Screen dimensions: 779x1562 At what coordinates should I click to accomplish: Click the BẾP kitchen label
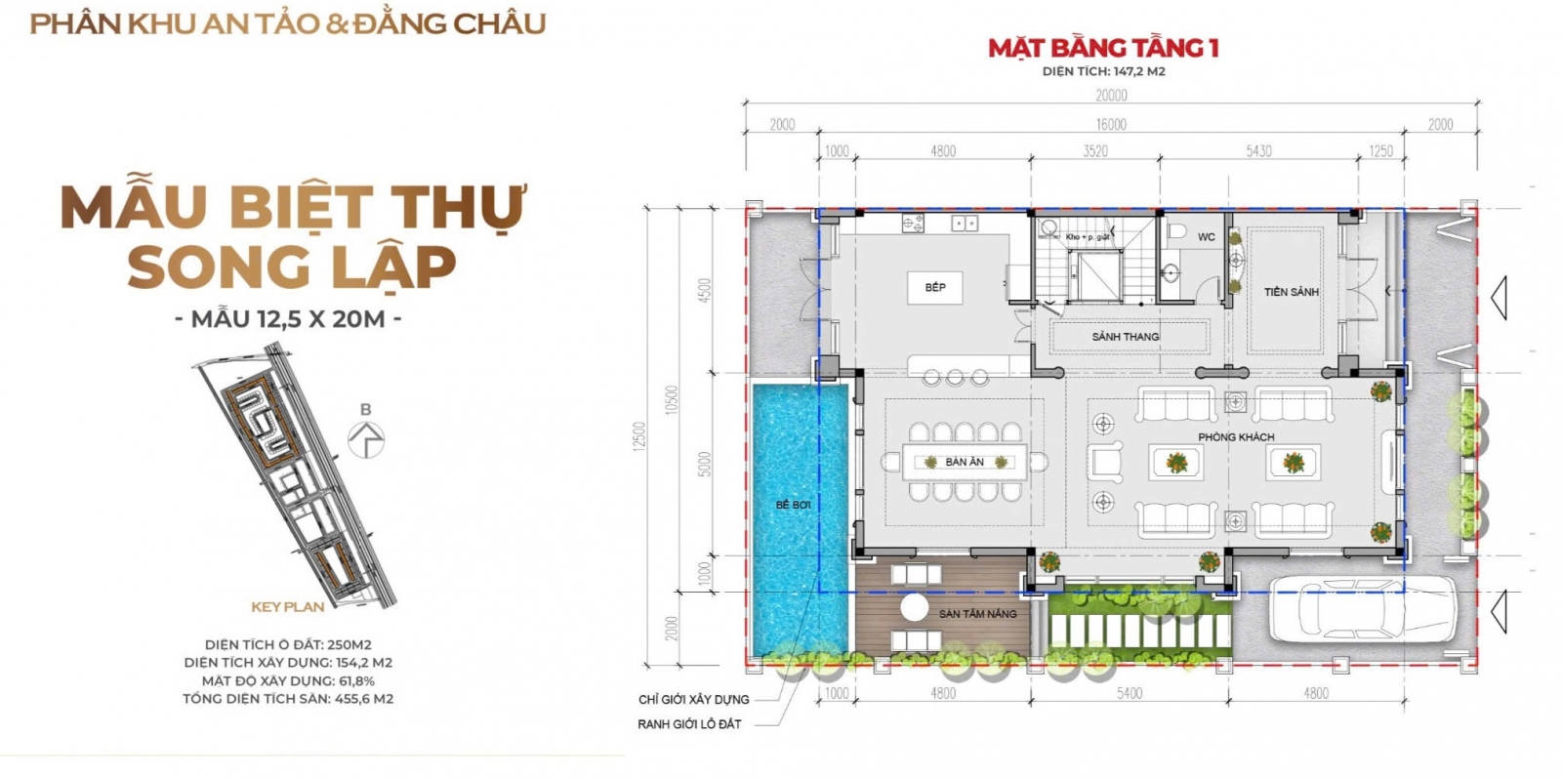[935, 287]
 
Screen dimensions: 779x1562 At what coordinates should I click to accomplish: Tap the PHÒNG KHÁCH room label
[1236, 437]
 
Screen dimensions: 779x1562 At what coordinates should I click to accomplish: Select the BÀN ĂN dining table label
[964, 462]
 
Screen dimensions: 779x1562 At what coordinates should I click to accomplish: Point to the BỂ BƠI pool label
[793, 505]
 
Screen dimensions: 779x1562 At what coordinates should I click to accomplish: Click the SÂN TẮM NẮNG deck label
[977, 614]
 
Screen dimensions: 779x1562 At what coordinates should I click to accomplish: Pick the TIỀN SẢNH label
[1291, 292]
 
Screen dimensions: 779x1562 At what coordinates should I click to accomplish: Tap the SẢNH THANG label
[1125, 337]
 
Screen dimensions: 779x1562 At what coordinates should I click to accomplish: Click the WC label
[1206, 237]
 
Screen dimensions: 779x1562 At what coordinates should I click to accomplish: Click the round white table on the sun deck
[915, 607]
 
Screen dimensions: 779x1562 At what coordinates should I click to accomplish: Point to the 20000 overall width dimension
[1111, 96]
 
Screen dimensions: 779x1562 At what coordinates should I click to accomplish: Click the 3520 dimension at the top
[1095, 151]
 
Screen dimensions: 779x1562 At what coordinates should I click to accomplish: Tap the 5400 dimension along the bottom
[1129, 693]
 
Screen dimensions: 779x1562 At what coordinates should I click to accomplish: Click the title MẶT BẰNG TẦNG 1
[1103, 48]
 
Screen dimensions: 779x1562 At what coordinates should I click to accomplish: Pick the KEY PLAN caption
[287, 607]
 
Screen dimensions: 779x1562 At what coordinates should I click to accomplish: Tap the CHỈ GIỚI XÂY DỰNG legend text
[693, 700]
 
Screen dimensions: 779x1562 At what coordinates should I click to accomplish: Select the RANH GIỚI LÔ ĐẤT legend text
[689, 724]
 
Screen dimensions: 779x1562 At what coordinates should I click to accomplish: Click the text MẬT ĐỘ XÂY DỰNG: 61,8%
[288, 680]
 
